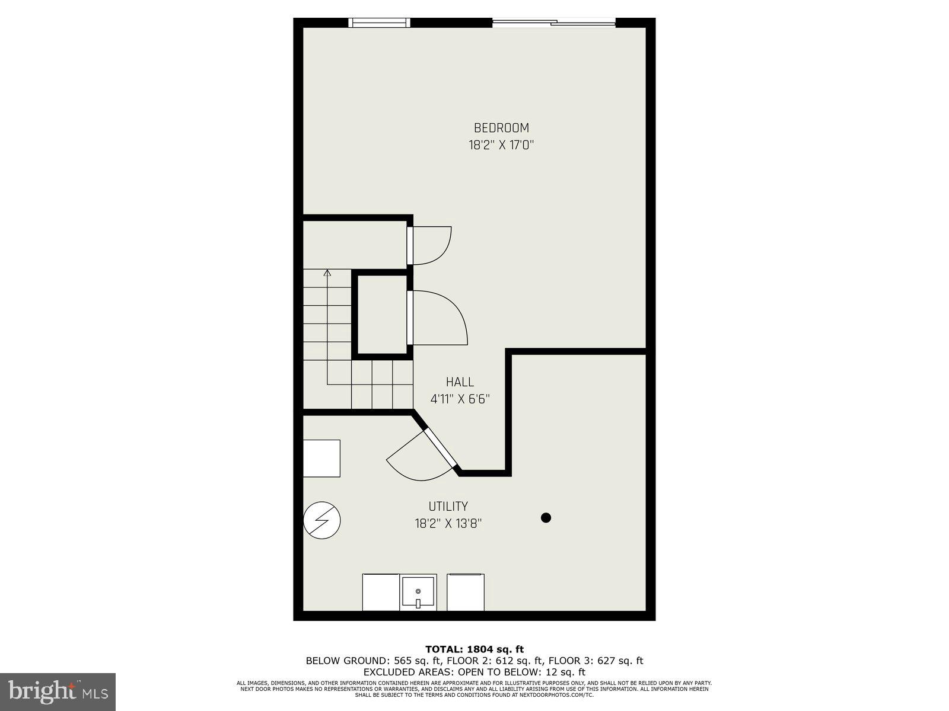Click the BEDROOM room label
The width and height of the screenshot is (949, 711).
tap(501, 127)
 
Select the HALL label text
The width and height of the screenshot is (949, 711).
tap(460, 382)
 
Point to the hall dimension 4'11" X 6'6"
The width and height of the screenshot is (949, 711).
tap(460, 399)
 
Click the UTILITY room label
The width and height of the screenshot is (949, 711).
tap(448, 506)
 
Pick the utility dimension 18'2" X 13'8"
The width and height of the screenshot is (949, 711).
tap(448, 523)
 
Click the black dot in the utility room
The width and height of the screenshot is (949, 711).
tap(546, 517)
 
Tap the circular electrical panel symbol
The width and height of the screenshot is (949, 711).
tap(322, 520)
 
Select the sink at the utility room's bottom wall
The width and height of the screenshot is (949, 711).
tap(418, 592)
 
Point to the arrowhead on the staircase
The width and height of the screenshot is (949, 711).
tap(327, 273)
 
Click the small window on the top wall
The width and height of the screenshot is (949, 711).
tap(379, 23)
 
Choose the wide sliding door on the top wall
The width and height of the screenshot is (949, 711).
tap(554, 23)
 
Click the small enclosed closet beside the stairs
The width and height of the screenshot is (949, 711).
tap(382, 315)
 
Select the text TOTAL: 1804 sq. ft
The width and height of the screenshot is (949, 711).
tap(474, 649)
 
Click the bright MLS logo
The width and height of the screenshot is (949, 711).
tap(58, 692)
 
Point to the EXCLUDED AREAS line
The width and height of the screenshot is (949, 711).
tap(474, 672)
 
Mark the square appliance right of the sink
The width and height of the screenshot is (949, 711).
tap(466, 592)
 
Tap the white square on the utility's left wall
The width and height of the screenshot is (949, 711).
tap(321, 458)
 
